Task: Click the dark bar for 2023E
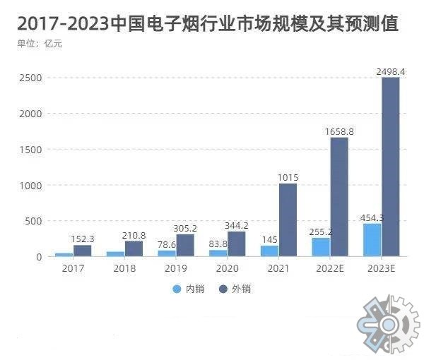390,167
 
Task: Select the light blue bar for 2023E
372,240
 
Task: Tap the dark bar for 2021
288,220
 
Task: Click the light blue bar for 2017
64,254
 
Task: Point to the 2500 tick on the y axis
31,78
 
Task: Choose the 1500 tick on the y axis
31,150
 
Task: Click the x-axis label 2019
175,269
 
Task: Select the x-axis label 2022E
330,269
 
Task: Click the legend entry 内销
189,289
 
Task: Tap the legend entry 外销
235,289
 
